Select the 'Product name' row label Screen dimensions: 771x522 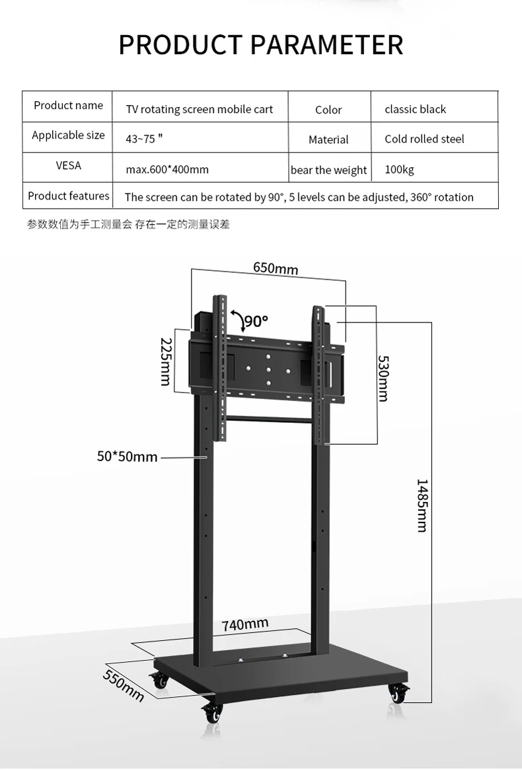(x=68, y=106)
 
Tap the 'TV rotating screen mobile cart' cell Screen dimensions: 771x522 (x=199, y=110)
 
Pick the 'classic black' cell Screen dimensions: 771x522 (x=415, y=110)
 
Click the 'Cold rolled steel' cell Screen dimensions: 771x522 (x=424, y=139)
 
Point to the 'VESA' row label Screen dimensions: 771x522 (x=68, y=165)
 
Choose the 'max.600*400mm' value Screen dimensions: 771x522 (x=167, y=170)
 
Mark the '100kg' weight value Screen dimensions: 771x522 (x=399, y=170)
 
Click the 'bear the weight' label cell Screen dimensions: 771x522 (x=328, y=170)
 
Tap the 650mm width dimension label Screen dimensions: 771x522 (x=276, y=268)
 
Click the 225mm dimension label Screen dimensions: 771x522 (x=165, y=361)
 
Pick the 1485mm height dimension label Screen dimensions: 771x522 (x=422, y=505)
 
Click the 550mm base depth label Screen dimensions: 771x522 (x=124, y=686)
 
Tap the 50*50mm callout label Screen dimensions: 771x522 (x=128, y=457)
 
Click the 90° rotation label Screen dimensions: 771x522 (x=256, y=322)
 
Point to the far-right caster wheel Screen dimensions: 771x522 (x=398, y=694)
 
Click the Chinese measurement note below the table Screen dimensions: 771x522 (x=128, y=225)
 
